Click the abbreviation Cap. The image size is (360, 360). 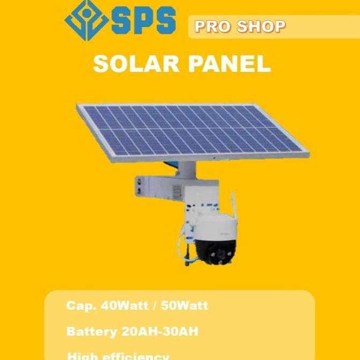point(78,306)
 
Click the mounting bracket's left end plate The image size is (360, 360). point(141,185)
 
